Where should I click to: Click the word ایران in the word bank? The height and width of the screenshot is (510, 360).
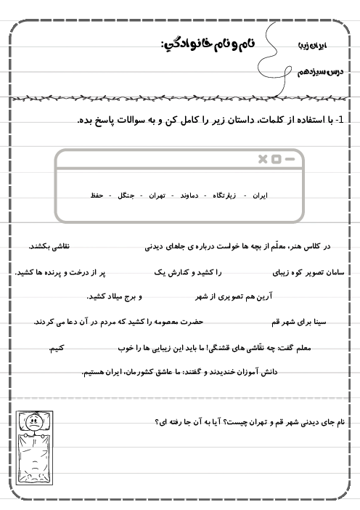coord(258,196)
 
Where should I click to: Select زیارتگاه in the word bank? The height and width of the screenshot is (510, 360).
coord(226,196)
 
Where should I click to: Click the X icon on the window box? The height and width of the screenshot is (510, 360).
coord(263,159)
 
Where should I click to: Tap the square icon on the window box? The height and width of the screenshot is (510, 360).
coord(277,159)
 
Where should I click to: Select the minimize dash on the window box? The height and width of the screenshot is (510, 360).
coord(290,159)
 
